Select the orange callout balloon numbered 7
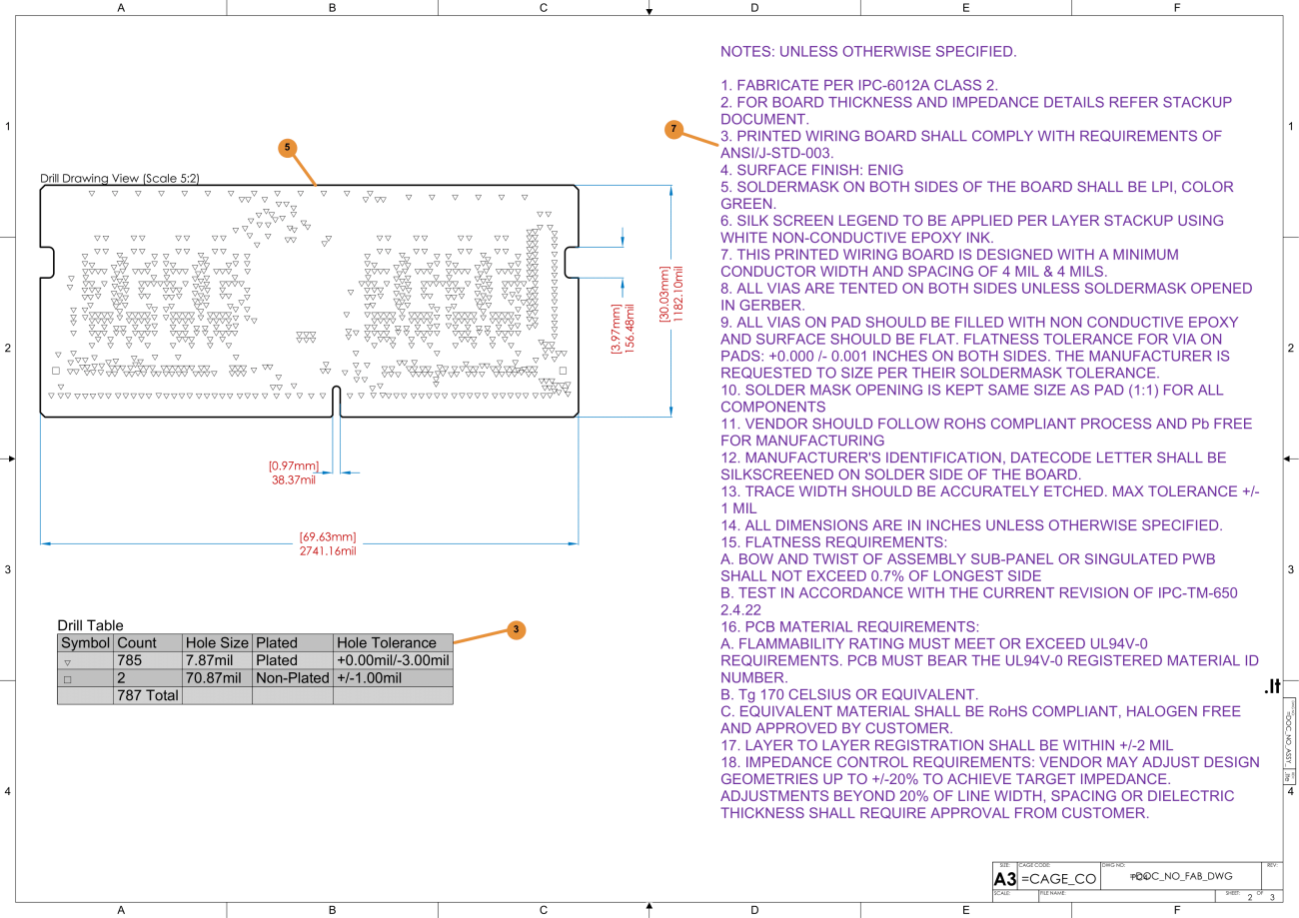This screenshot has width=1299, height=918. [x=673, y=129]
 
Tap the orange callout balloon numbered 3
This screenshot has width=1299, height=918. [x=516, y=629]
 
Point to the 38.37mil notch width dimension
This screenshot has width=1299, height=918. [x=293, y=480]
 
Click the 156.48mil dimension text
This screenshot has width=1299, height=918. [x=631, y=328]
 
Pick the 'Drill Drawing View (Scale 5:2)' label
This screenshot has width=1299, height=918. [x=119, y=178]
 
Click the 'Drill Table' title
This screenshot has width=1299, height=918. [x=90, y=625]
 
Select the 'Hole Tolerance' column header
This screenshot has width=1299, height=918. [x=387, y=643]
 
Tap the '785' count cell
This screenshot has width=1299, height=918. [x=131, y=660]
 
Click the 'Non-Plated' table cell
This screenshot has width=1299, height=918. [x=292, y=678]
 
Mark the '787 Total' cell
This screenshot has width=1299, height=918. [x=148, y=695]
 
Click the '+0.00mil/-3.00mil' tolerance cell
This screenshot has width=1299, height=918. [x=393, y=660]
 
